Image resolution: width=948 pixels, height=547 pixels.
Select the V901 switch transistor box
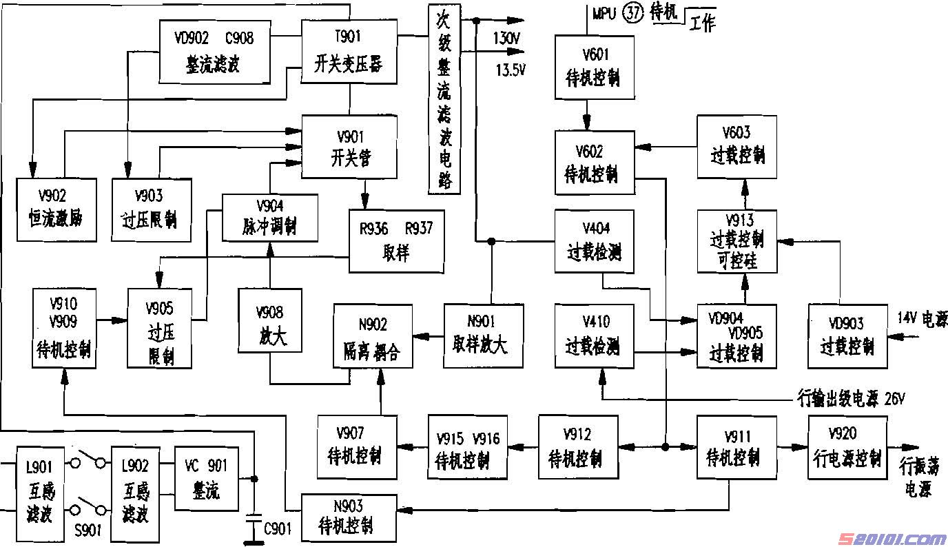pos(349,147)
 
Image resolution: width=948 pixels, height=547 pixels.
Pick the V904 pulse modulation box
pos(270,217)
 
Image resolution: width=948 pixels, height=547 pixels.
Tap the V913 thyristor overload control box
pos(736,241)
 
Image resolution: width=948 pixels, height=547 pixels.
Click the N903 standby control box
pos(349,517)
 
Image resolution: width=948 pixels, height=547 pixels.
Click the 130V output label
pos(506,39)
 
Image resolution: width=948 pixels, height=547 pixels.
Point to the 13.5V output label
pos(511,70)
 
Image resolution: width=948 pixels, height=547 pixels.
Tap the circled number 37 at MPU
pos(632,13)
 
